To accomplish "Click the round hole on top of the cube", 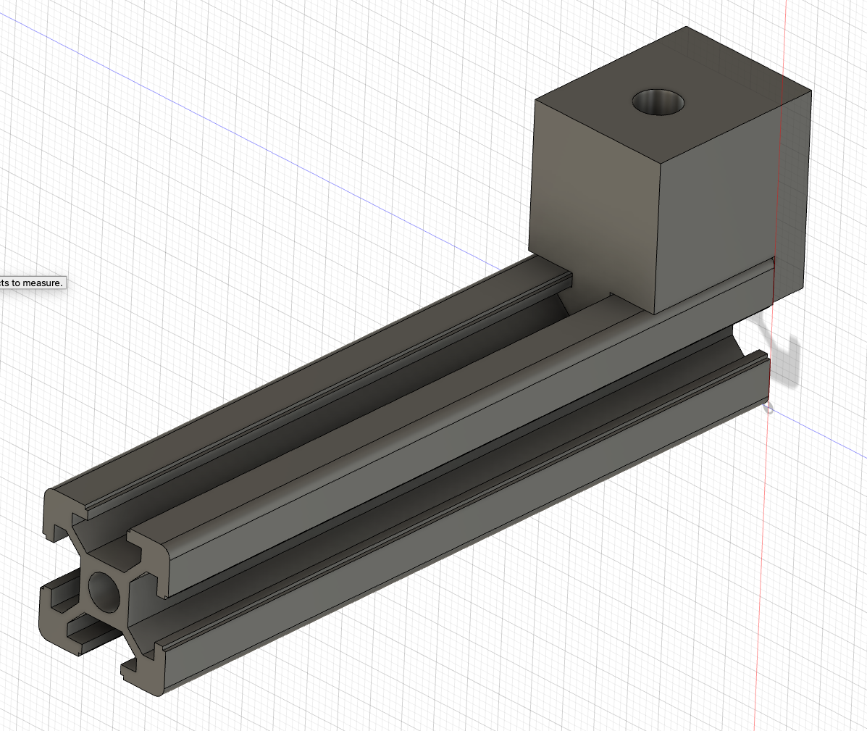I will tap(658, 101).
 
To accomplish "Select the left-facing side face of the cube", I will tap(594, 203).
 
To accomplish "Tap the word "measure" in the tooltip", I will tap(43, 282).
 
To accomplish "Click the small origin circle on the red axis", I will tap(768, 409).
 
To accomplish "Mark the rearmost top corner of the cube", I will tap(687, 28).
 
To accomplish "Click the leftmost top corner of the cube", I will tap(535, 99).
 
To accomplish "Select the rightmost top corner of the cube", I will tap(811, 91).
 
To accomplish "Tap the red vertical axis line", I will tap(761, 580).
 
